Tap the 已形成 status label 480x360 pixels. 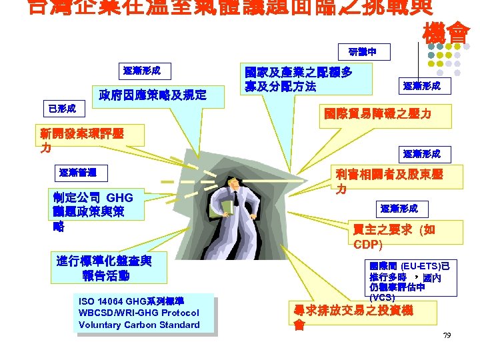(62, 108)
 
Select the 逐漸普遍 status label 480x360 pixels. (77, 173)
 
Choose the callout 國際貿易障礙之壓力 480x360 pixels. (377, 114)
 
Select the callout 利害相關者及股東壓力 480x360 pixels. (389, 181)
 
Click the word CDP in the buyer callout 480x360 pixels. (367, 245)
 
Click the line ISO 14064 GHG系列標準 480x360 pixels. (131, 301)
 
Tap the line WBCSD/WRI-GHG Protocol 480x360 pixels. (138, 313)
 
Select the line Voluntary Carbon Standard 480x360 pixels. (139, 325)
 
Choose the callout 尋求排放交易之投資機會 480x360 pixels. (353, 317)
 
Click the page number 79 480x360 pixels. (447, 335)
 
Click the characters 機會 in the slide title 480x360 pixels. (446, 32)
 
